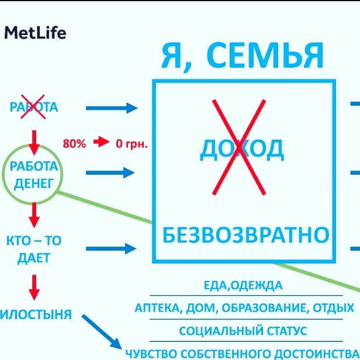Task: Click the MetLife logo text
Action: pos(35,33)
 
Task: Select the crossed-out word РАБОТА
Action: pos(34,107)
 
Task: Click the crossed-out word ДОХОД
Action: pos(242,150)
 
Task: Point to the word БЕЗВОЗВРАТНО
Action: pos(245,236)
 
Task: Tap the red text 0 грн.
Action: pos(131,142)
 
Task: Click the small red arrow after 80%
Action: pos(102,142)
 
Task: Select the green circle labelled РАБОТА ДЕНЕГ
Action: pos(34,173)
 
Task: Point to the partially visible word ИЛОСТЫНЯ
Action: pos(36,315)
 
